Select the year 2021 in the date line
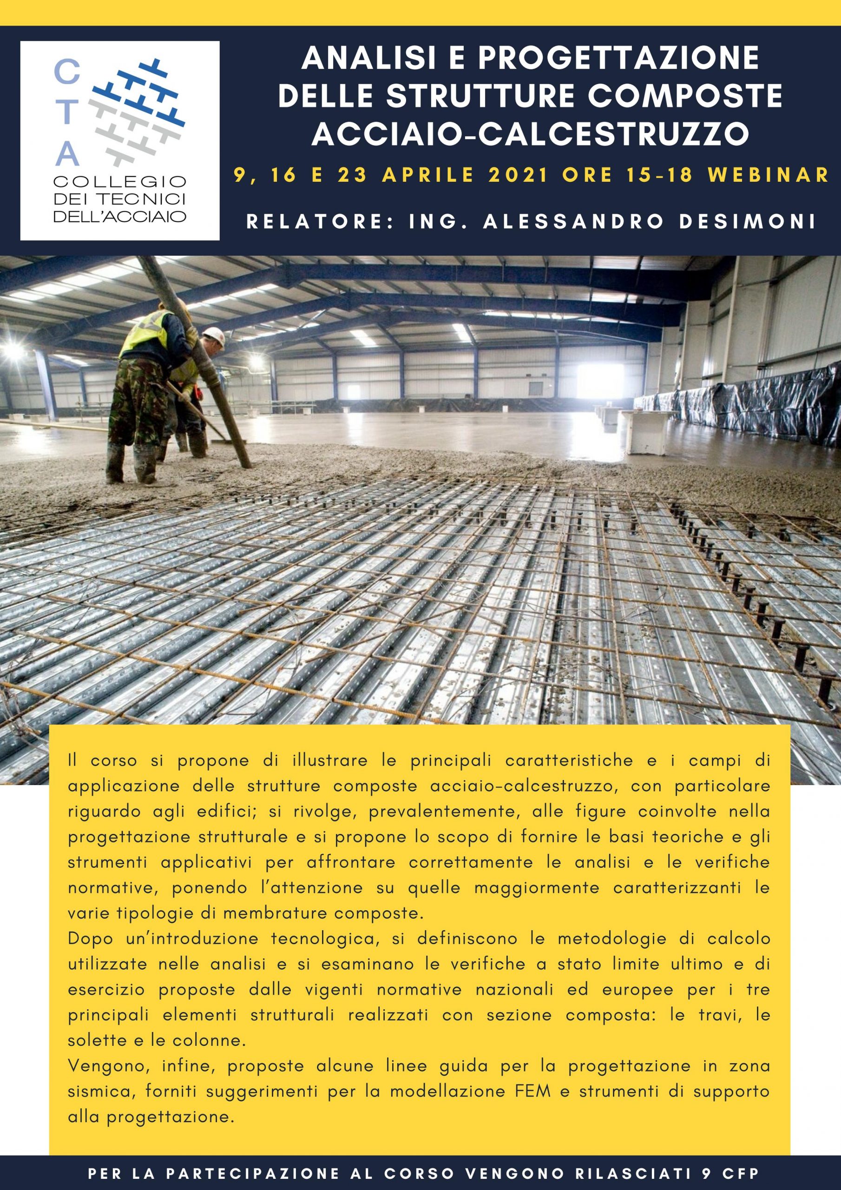[x=517, y=176]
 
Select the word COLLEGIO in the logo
[x=120, y=182]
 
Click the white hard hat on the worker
[x=213, y=337]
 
